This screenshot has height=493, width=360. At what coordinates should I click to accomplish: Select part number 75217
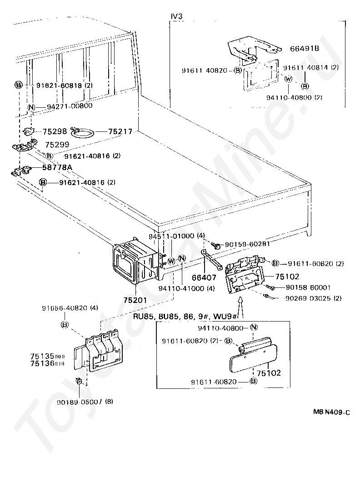pyautogui.click(x=120, y=131)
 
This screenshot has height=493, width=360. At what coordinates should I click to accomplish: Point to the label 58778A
pyautogui.click(x=57, y=168)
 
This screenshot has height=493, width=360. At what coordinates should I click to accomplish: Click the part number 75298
pyautogui.click(x=55, y=131)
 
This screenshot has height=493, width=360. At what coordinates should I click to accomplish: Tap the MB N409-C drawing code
pyautogui.click(x=331, y=413)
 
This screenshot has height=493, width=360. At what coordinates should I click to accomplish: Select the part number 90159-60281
pyautogui.click(x=248, y=244)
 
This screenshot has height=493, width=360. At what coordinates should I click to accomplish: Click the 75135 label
pyautogui.click(x=42, y=356)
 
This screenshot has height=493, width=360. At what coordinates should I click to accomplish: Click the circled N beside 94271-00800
pyautogui.click(x=31, y=107)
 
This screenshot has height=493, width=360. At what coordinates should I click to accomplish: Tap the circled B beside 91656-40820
pyautogui.click(x=65, y=324)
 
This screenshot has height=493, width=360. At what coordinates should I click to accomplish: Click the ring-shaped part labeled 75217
pyautogui.click(x=83, y=132)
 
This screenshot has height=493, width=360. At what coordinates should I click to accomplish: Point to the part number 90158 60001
pyautogui.click(x=308, y=287)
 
